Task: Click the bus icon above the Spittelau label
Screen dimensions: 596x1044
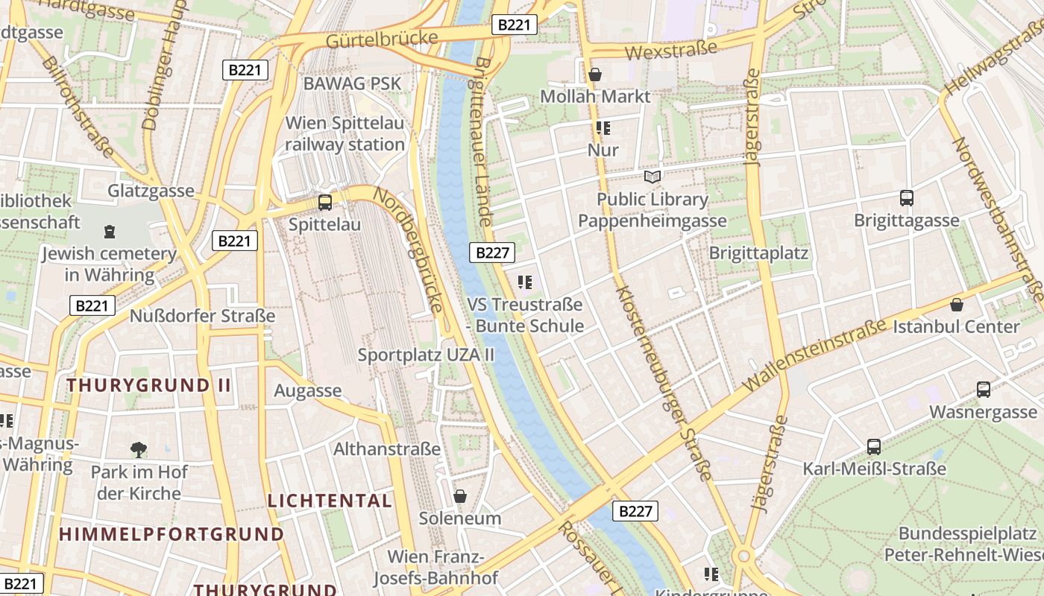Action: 324,202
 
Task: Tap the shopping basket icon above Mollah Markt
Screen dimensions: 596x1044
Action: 595,74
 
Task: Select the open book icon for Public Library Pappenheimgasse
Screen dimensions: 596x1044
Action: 652,177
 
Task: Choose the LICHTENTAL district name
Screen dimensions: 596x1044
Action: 330,501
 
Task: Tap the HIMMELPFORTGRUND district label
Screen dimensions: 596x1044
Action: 172,534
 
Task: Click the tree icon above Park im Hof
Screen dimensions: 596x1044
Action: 138,449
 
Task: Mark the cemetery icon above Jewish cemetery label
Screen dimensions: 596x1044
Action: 110,232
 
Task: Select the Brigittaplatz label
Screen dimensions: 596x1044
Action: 758,253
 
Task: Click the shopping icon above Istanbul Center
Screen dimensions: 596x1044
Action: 957,305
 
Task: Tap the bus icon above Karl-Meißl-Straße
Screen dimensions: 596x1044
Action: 874,447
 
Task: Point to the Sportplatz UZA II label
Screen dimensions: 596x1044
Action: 426,355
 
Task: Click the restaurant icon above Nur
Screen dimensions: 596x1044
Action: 603,128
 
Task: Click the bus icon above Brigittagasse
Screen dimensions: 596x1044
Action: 907,198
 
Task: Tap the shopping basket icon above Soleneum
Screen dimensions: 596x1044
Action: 460,496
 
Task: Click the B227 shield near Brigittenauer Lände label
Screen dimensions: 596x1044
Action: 492,253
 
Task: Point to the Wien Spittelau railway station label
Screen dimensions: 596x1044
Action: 345,133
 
